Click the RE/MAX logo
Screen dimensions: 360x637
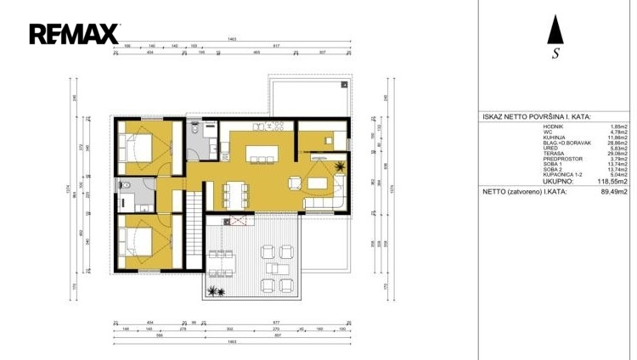pyautogui.click(x=76, y=34)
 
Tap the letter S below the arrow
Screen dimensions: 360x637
pyautogui.click(x=555, y=53)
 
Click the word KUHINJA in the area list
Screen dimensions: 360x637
pyautogui.click(x=553, y=137)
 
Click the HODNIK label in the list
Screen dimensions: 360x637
pyautogui.click(x=553, y=127)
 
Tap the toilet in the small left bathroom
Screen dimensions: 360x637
pyautogui.click(x=124, y=186)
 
